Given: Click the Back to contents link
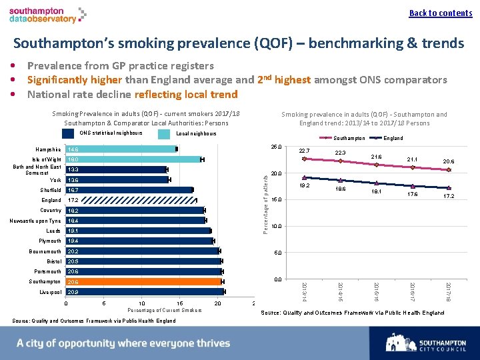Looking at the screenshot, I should [441, 13].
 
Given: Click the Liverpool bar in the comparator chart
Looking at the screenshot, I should [145, 292].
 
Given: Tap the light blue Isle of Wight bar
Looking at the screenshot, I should [133, 159].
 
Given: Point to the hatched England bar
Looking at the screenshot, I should [131, 200].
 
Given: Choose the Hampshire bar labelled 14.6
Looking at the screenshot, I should [121, 149].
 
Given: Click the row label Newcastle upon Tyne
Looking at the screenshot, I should [36, 221].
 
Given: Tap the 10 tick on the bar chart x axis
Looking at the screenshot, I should [141, 303].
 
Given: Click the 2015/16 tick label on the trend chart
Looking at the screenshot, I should [377, 291].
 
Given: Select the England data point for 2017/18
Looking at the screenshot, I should [449, 188].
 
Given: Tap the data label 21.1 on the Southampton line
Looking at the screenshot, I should [413, 159].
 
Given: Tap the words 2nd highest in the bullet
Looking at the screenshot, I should [284, 79].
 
